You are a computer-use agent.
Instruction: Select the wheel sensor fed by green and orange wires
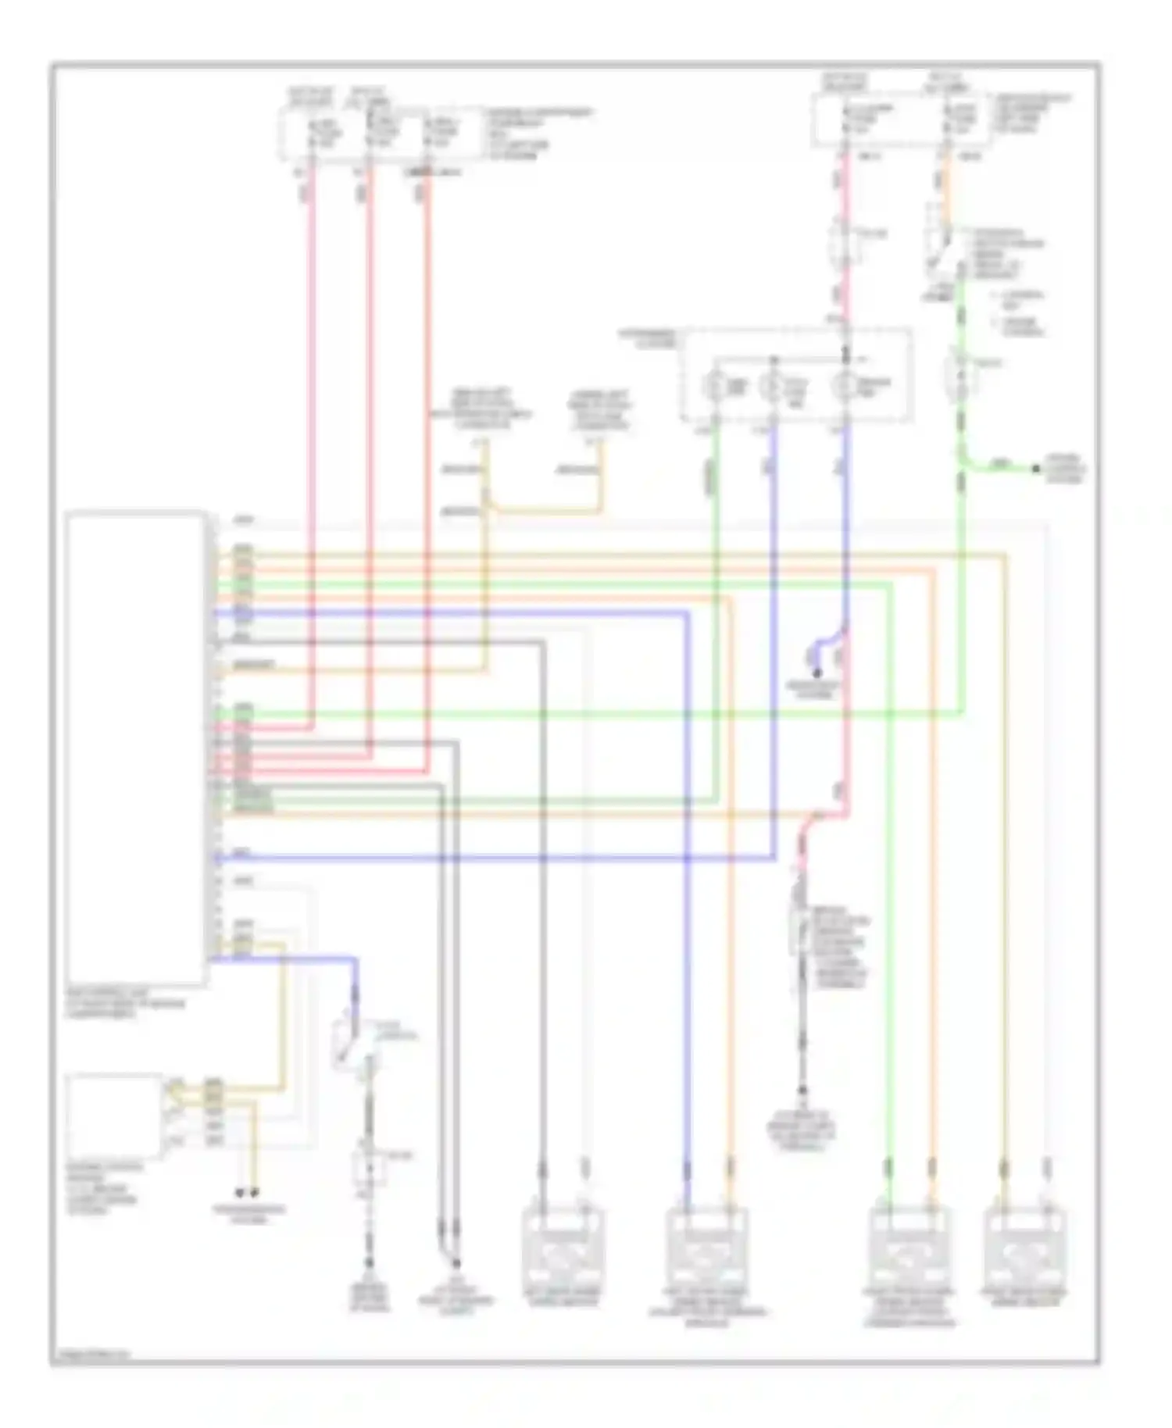coord(910,1250)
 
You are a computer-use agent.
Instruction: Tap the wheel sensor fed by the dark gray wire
coord(562,1250)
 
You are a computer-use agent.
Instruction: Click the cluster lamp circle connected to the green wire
coord(716,385)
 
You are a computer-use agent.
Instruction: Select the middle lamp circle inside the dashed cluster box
coord(774,385)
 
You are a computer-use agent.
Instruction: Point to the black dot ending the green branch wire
coord(1036,469)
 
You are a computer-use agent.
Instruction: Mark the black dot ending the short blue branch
coord(817,673)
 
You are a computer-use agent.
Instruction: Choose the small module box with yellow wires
coord(115,1116)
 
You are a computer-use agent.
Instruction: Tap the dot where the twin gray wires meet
coord(454,1262)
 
